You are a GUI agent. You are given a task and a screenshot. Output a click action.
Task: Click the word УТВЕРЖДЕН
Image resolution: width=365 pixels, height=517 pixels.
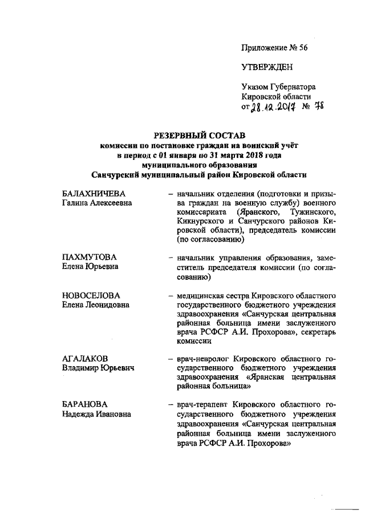[267, 67]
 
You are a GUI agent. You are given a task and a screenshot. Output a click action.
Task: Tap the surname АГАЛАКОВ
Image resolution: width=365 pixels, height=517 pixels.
[85, 358]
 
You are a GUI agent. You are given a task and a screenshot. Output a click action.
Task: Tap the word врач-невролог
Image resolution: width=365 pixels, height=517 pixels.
[201, 358]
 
